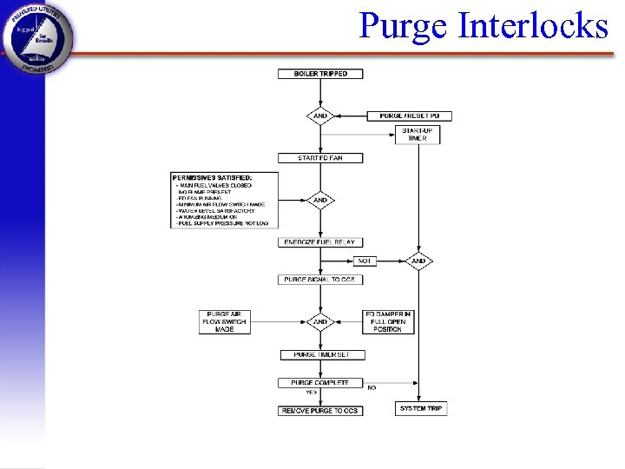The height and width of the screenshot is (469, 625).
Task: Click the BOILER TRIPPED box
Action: [x=320, y=74]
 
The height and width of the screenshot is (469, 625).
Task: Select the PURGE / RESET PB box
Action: [x=410, y=116]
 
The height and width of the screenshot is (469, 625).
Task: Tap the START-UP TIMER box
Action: [x=418, y=135]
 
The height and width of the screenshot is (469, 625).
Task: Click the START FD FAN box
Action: [x=320, y=158]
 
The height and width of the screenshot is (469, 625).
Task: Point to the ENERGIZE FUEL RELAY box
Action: [x=320, y=242]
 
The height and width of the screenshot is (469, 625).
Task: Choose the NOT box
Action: [x=365, y=261]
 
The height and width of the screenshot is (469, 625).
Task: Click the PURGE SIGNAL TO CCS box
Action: [x=320, y=280]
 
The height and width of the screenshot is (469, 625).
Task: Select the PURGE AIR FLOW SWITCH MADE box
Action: [x=225, y=321]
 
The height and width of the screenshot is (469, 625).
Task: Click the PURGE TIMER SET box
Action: [x=323, y=354]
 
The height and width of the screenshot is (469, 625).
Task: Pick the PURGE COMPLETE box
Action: [x=320, y=382]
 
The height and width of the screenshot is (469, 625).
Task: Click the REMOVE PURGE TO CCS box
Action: [x=320, y=410]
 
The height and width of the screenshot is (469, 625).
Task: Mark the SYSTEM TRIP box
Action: [x=421, y=408]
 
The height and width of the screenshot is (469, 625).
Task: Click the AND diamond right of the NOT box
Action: [x=418, y=261]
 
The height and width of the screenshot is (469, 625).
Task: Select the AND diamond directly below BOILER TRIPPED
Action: [x=320, y=116]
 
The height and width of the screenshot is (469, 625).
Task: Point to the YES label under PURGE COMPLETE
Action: [x=311, y=393]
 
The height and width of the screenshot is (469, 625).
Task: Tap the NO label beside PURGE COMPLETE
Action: [x=372, y=387]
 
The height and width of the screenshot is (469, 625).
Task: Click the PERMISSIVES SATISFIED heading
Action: [x=213, y=177]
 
